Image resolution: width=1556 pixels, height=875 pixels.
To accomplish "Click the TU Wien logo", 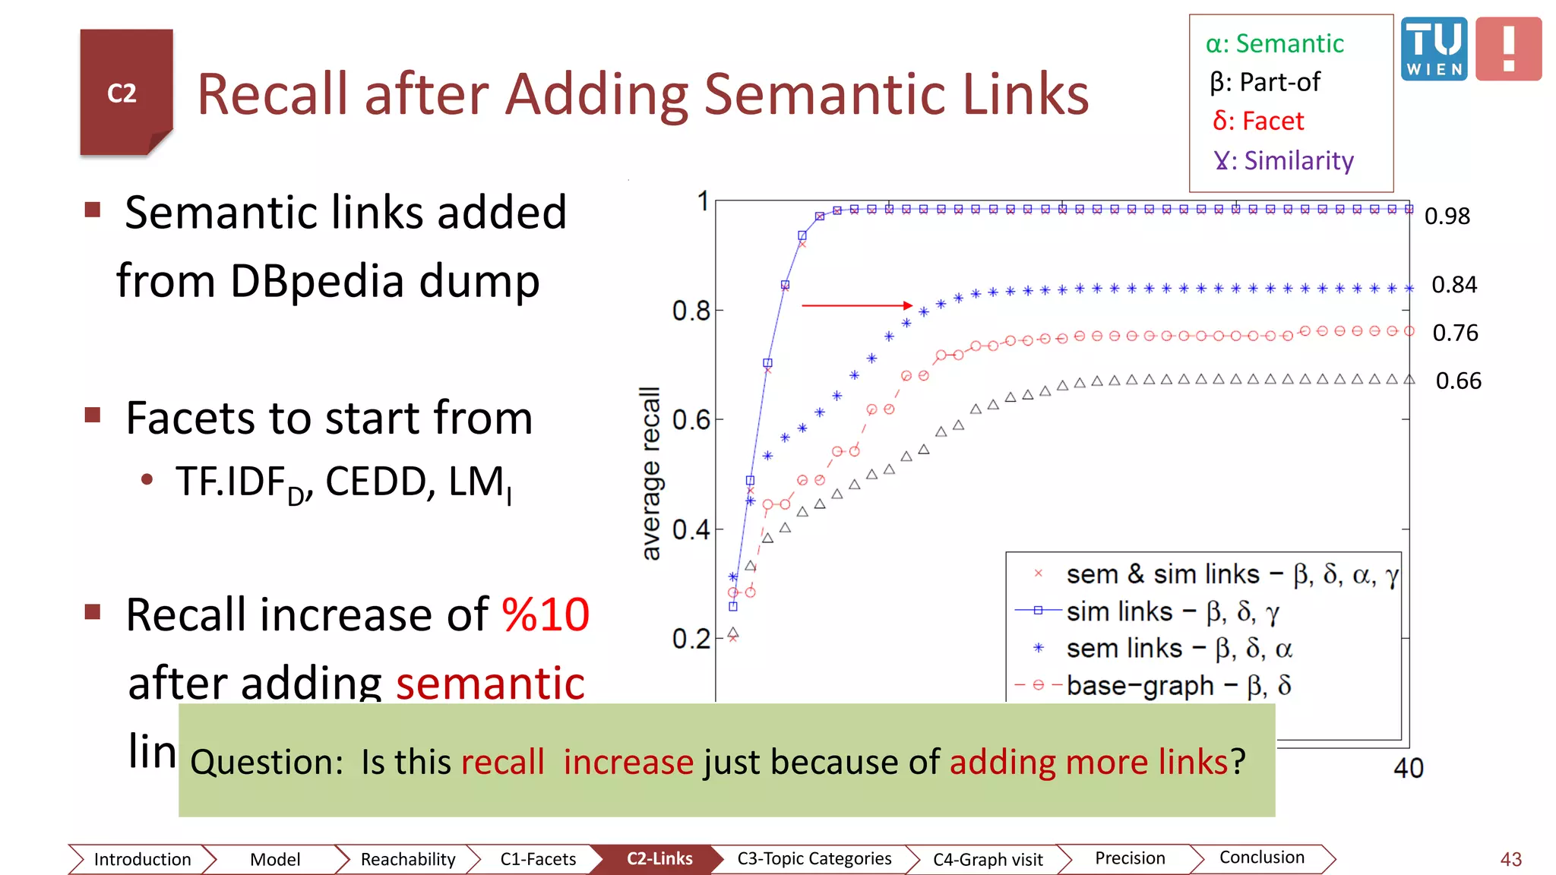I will pyautogui.click(x=1434, y=49).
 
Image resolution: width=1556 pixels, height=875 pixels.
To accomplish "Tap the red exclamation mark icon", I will pyautogui.click(x=1508, y=49).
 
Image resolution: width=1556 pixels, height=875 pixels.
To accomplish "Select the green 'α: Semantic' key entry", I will pyautogui.click(x=1275, y=44).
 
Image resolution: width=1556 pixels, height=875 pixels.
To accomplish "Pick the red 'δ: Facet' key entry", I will pyautogui.click(x=1258, y=122).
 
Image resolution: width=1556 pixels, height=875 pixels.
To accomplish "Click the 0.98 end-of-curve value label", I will pyautogui.click(x=1447, y=216).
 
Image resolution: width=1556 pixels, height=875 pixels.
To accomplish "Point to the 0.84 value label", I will pyautogui.click(x=1454, y=285).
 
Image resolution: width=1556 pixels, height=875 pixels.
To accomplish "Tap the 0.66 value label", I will pyautogui.click(x=1458, y=381).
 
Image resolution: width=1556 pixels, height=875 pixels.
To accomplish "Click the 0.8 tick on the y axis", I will pyautogui.click(x=691, y=311).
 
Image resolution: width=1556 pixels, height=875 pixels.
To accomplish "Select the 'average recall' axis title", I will pyautogui.click(x=651, y=473).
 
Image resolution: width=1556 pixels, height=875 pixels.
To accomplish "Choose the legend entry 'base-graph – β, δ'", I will pyautogui.click(x=1178, y=686).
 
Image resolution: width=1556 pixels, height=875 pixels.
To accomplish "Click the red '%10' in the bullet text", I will pyautogui.click(x=546, y=614).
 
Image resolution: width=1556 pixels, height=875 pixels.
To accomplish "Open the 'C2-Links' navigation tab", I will pyautogui.click(x=659, y=859).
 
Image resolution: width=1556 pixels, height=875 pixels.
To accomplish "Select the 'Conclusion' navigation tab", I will pyautogui.click(x=1261, y=858).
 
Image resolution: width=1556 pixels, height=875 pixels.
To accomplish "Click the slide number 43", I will pyautogui.click(x=1510, y=859).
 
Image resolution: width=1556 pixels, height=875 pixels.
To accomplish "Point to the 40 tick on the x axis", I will pyautogui.click(x=1408, y=769).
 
